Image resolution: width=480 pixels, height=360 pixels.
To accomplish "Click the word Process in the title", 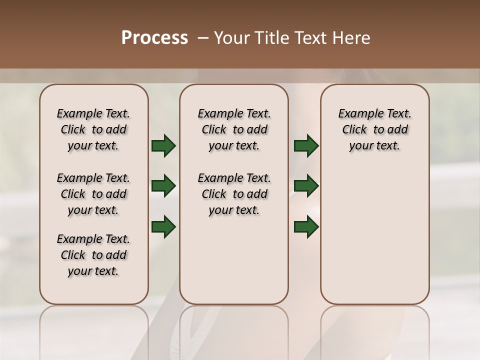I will point(154,38).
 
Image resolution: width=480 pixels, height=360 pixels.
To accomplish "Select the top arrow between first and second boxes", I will point(163,146).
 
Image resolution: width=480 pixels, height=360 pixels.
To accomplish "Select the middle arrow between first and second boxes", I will point(163,186).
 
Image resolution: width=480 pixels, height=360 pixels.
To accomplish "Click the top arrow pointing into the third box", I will point(306,146).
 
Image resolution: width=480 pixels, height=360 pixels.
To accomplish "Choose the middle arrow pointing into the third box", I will point(306,186).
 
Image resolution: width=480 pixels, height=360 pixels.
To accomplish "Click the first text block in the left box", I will point(93,129).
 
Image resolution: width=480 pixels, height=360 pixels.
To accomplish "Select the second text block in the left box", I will point(93,194).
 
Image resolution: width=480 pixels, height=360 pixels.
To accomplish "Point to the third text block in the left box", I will point(93,255).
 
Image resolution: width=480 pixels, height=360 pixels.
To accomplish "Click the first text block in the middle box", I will point(234,129).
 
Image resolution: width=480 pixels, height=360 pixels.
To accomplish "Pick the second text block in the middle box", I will point(234,194).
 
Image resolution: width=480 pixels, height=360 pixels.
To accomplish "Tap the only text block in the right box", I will point(374,129).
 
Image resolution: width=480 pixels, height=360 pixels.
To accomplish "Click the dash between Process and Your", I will point(202,38).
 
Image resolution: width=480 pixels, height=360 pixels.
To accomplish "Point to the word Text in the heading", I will point(310,38).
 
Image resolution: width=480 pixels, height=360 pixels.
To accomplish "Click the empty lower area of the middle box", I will point(234,260).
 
